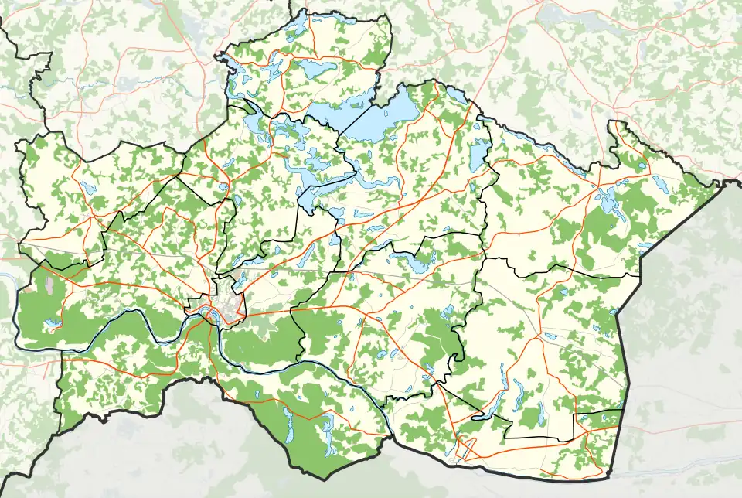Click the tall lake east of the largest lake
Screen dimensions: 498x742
[479, 152]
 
